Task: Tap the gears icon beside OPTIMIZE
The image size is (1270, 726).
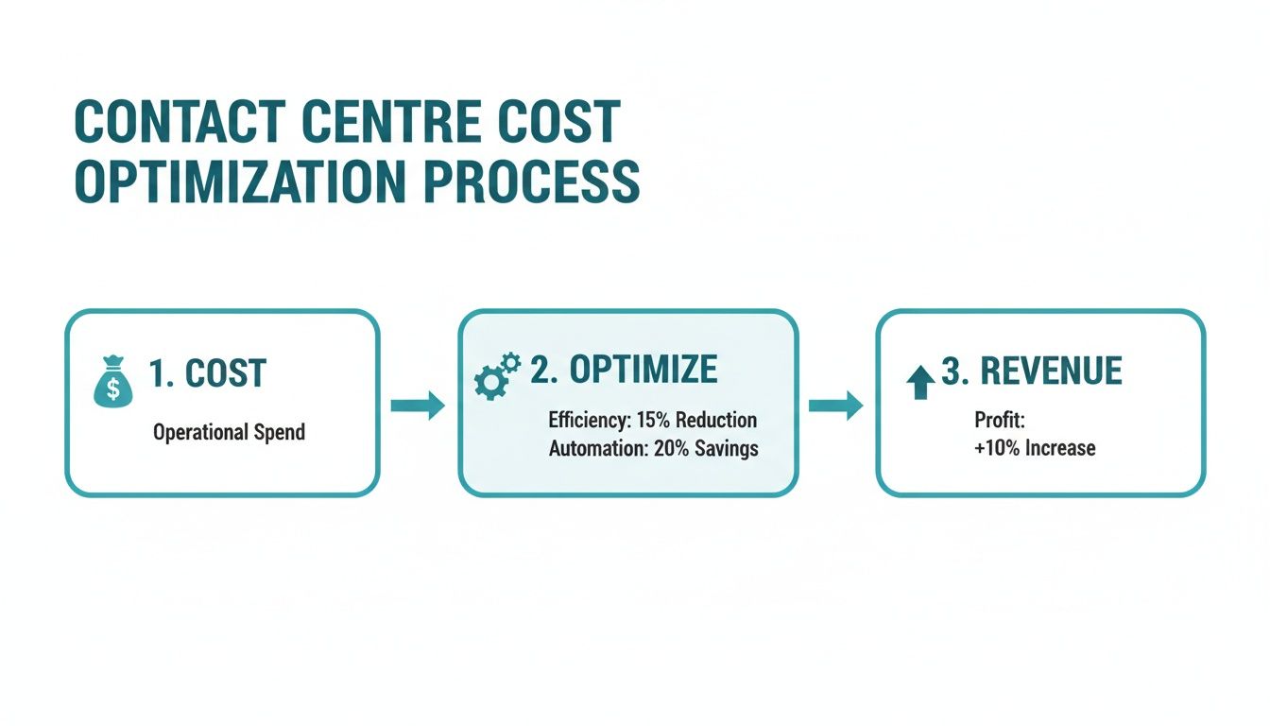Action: (x=496, y=375)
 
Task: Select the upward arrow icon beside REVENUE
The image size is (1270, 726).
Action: (x=919, y=381)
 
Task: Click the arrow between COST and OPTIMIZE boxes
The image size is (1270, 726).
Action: (x=417, y=406)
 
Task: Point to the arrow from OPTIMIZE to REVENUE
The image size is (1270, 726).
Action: (x=835, y=406)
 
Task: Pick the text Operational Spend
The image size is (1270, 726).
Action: (x=229, y=433)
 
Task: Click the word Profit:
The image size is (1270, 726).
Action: (x=998, y=419)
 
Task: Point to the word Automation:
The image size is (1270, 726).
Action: (x=597, y=448)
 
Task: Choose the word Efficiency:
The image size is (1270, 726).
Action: (x=587, y=419)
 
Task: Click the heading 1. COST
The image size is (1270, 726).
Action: (x=208, y=374)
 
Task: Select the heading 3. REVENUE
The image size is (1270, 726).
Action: (x=1031, y=372)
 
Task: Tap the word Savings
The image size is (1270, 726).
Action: (x=727, y=448)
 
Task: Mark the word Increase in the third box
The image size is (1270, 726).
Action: (x=1060, y=447)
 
